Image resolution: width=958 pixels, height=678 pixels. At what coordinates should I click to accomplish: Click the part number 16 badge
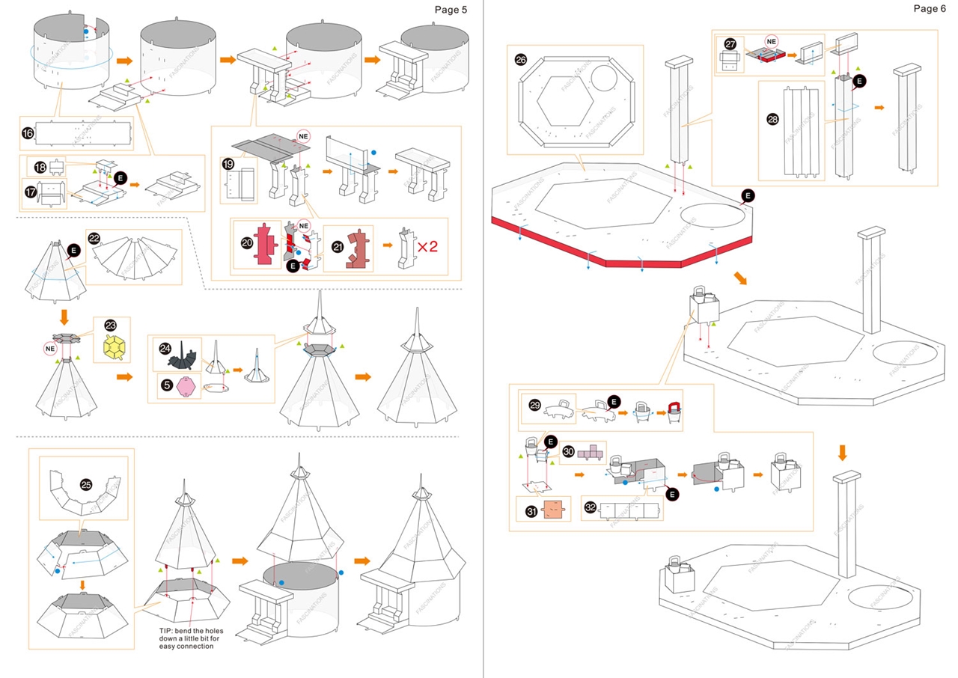point(28,133)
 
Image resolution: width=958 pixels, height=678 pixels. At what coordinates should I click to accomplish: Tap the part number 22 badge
point(94,238)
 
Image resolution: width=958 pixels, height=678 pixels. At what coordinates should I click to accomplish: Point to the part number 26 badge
point(521,59)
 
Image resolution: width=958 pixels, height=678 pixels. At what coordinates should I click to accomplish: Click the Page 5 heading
point(451,9)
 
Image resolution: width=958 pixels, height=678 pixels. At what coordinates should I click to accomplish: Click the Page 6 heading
point(930,8)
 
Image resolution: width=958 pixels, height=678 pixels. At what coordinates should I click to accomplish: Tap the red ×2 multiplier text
point(427,245)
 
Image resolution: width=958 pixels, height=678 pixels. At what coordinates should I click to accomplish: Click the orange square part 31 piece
point(552,510)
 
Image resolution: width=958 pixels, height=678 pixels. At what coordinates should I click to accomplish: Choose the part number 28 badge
point(773,119)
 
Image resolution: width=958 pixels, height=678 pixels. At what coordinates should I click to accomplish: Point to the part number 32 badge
point(591,508)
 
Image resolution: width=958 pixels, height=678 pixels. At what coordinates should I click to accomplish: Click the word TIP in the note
point(166,631)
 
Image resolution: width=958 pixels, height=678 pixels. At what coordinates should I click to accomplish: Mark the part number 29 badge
point(534,405)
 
